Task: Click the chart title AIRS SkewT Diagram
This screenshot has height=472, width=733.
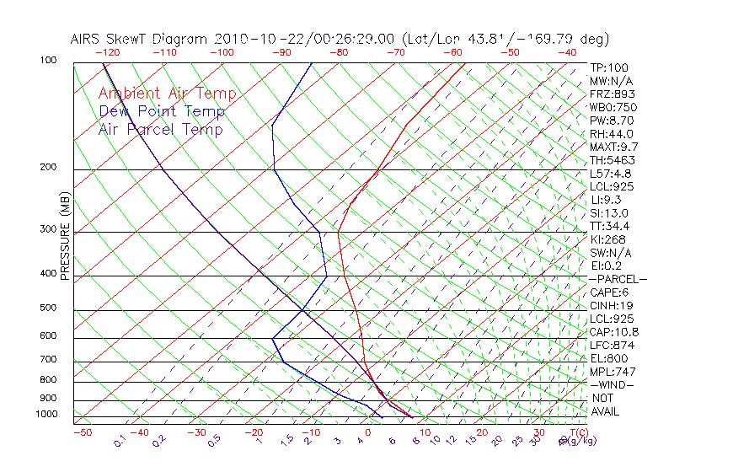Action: [x=140, y=39]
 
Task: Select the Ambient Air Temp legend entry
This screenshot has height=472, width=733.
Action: [x=167, y=94]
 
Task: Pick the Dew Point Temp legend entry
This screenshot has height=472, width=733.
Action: [x=162, y=112]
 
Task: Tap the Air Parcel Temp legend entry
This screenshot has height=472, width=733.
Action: [x=160, y=130]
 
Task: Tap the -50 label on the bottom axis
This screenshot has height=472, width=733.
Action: [x=82, y=433]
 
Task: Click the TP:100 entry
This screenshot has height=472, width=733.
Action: [x=609, y=67]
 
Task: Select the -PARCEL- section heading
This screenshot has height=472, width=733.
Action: [x=618, y=279]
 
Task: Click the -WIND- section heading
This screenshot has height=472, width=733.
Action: [x=613, y=384]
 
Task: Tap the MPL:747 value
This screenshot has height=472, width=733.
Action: [x=613, y=372]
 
